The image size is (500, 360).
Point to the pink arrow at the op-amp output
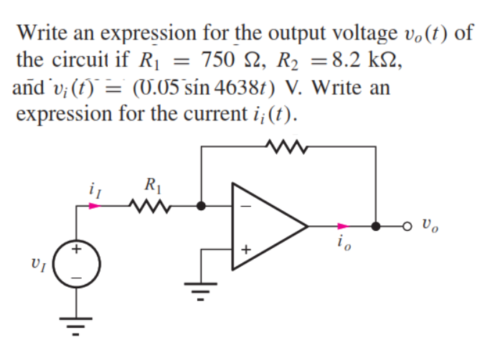345,227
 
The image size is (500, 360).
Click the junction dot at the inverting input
202,206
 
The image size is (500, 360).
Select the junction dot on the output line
375,227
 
